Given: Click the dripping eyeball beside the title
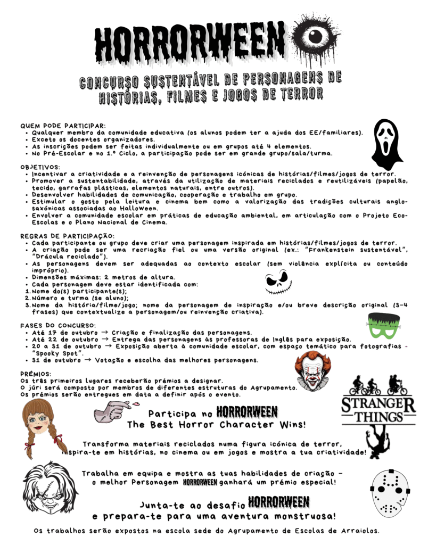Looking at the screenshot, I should pyautogui.click(x=315, y=38).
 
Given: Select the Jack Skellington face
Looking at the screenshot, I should pyautogui.click(x=277, y=283).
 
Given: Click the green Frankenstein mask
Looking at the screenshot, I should pyautogui.click(x=383, y=326).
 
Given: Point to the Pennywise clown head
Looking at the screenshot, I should pyautogui.click(x=313, y=370).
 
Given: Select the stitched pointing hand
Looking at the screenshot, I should pyautogui.click(x=112, y=411).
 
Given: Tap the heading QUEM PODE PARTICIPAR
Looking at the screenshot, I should pyautogui.click(x=63, y=126).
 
